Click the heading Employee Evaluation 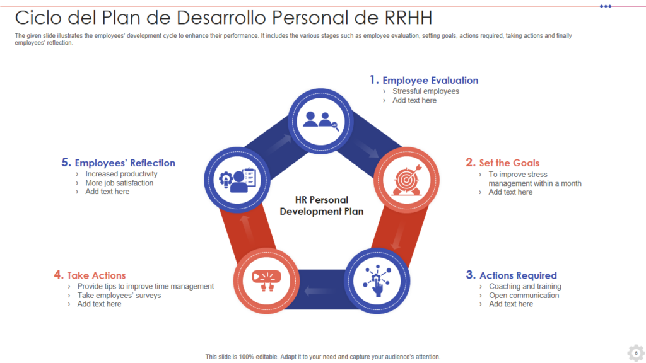click(x=430, y=80)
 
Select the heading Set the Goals click(x=509, y=163)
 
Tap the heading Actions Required click(x=518, y=275)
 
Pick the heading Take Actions click(x=96, y=275)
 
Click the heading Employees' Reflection click(x=125, y=163)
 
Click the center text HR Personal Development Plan click(x=322, y=206)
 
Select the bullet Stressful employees click(x=426, y=91)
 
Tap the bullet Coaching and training click(x=525, y=286)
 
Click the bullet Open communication click(x=524, y=295)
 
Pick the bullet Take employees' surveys click(x=119, y=295)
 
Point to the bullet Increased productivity click(x=121, y=174)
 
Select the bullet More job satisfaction click(x=119, y=183)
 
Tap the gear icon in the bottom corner click(x=635, y=352)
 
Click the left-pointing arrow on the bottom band click(x=314, y=291)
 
